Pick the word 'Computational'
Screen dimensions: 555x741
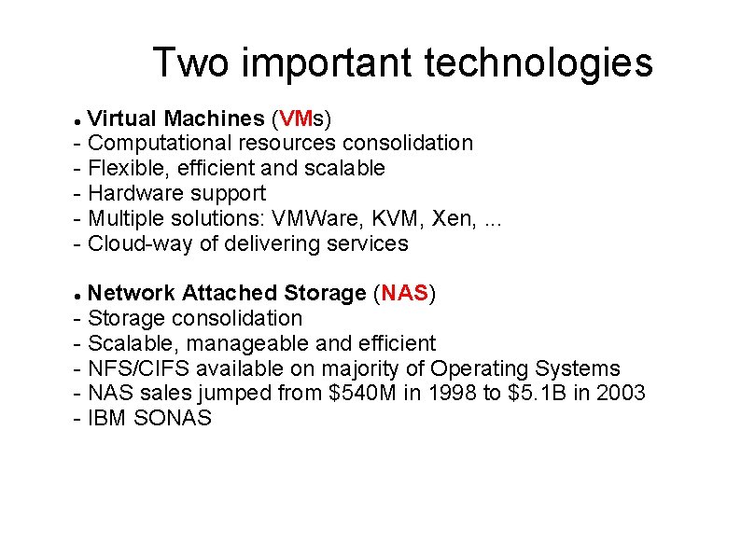click(x=160, y=143)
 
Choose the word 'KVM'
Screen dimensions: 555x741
click(x=397, y=218)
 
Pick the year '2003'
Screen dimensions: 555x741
click(x=620, y=393)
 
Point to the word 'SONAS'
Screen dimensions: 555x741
click(x=173, y=418)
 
